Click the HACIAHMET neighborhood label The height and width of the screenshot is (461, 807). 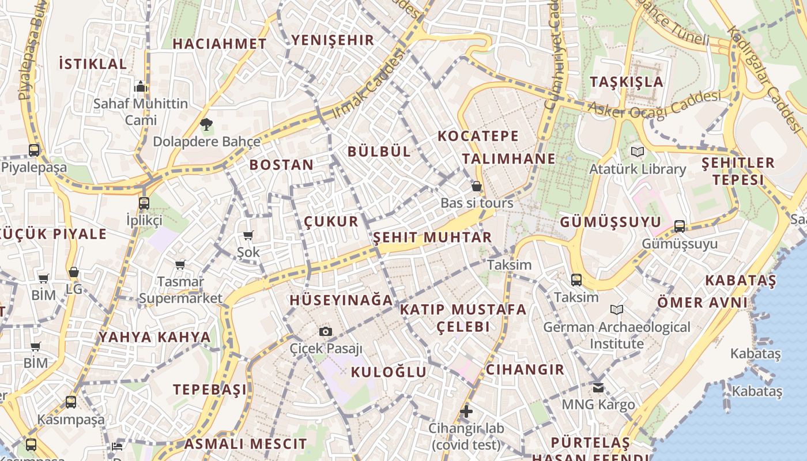click(x=219, y=44)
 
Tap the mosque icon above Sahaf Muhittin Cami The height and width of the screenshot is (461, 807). click(x=141, y=87)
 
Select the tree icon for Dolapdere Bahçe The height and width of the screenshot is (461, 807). click(x=206, y=123)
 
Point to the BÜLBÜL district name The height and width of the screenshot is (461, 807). click(x=379, y=152)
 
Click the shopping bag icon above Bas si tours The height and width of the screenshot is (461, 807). click(x=477, y=186)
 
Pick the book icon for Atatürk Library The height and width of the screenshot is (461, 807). click(x=637, y=152)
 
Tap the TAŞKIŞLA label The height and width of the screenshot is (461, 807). click(x=627, y=82)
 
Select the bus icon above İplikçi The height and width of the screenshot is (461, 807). click(x=144, y=203)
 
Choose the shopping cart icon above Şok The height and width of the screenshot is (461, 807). click(x=248, y=235)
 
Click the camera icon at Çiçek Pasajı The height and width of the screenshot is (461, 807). click(x=326, y=331)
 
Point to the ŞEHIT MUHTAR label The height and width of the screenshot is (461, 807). click(x=432, y=237)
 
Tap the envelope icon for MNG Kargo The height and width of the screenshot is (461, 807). click(x=598, y=387)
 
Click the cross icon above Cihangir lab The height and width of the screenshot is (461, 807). click(x=466, y=411)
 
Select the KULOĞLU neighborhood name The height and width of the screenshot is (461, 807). click(x=389, y=372)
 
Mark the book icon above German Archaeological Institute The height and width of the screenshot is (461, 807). click(x=617, y=310)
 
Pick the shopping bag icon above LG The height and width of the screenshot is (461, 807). click(x=74, y=272)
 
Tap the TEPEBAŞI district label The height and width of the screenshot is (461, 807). click(x=210, y=390)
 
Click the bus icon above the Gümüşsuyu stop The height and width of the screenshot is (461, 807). click(x=680, y=226)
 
